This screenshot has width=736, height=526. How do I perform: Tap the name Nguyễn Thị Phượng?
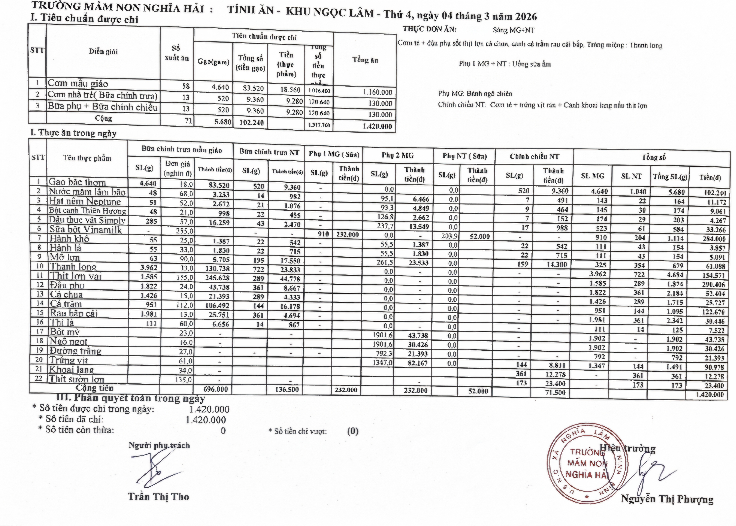point(667,499)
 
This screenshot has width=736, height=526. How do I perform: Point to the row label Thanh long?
point(73,267)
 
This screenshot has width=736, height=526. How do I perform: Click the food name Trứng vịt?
point(69,360)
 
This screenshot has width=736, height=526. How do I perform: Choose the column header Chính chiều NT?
point(534,157)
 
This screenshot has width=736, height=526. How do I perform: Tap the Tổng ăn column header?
point(365,60)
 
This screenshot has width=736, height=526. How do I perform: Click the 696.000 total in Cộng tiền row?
point(216,389)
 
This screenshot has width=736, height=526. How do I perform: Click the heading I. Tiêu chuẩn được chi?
point(84,18)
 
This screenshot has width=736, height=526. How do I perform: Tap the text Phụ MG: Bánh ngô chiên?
point(475,94)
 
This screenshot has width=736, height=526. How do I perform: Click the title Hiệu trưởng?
point(627,449)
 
